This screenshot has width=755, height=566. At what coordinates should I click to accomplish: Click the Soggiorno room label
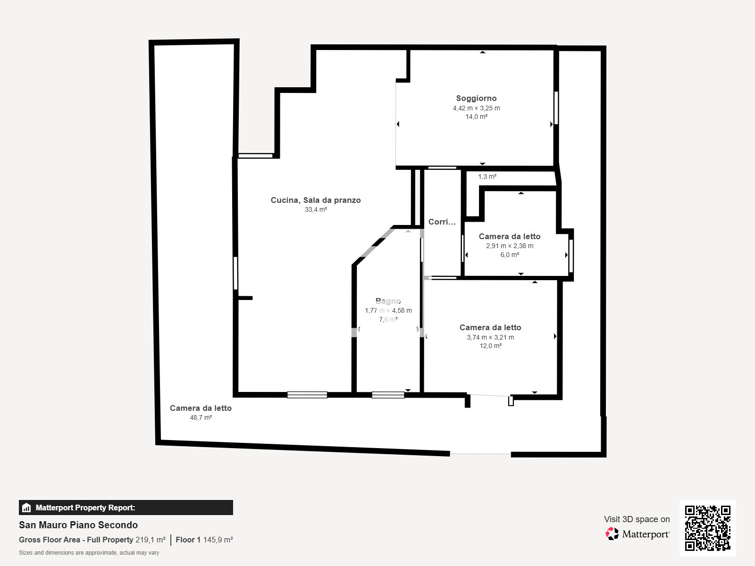click(x=476, y=98)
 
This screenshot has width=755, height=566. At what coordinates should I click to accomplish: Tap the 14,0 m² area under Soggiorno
click(x=476, y=117)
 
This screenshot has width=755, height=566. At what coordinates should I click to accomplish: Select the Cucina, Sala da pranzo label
click(x=316, y=200)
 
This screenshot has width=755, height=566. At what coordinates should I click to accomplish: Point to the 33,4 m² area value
click(x=316, y=209)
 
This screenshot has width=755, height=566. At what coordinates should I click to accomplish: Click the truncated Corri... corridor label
click(x=442, y=222)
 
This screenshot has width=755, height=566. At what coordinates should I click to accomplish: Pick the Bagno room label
click(x=388, y=301)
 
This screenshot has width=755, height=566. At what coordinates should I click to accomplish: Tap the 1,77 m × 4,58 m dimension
click(x=388, y=310)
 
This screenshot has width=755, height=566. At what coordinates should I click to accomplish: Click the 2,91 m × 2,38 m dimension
click(x=510, y=246)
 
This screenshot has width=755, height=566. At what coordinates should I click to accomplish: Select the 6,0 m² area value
click(x=510, y=255)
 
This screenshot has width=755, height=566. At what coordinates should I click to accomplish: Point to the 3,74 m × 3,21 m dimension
click(x=490, y=337)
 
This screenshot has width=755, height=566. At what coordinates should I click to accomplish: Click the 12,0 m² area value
click(x=490, y=346)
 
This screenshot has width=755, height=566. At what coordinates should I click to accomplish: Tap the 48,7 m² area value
click(x=201, y=417)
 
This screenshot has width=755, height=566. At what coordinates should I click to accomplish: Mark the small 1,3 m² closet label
click(x=487, y=176)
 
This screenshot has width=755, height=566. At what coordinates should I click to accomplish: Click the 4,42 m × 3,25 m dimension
click(x=476, y=108)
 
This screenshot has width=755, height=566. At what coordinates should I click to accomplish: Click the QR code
click(x=707, y=528)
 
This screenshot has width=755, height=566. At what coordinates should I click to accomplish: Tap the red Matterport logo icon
click(x=612, y=533)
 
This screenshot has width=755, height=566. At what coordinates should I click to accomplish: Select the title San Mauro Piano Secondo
click(x=78, y=525)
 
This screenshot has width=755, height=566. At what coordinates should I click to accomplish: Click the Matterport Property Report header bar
click(x=126, y=508)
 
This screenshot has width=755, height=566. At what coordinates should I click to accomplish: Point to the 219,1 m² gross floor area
click(x=151, y=540)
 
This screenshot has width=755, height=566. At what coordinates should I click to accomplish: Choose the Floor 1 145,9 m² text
click(x=204, y=540)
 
